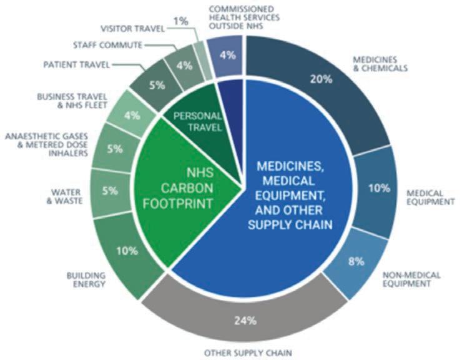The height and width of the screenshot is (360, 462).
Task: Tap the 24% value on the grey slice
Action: [245, 322]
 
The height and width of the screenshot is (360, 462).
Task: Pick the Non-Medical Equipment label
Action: [412, 279]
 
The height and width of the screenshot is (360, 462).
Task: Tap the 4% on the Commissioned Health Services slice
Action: [228, 54]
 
